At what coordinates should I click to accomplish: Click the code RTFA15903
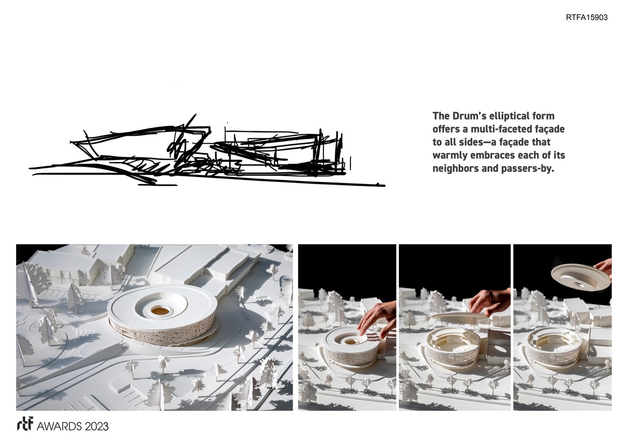click(x=586, y=17)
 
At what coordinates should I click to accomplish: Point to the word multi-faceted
click(x=499, y=129)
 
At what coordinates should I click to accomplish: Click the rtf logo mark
click(x=25, y=423)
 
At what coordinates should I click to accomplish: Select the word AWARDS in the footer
click(x=59, y=426)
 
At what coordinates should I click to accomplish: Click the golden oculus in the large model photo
click(x=160, y=311)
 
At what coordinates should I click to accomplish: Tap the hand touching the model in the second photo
click(x=377, y=319)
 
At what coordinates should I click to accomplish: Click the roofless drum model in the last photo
click(x=553, y=346)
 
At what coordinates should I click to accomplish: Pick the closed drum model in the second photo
click(x=351, y=346)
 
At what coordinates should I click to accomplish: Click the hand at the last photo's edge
click(x=604, y=268)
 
